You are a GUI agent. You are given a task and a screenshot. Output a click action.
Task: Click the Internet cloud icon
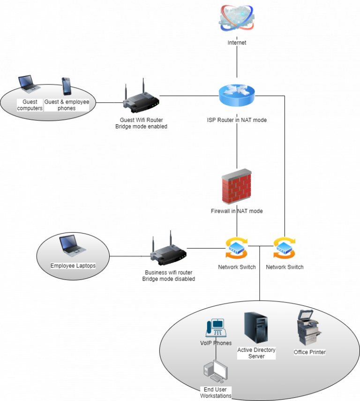(x=237, y=18)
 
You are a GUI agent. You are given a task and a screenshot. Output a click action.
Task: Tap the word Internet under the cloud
(x=237, y=43)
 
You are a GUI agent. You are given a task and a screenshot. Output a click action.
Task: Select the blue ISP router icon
(x=237, y=96)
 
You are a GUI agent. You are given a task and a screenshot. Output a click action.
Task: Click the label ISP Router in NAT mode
(x=237, y=120)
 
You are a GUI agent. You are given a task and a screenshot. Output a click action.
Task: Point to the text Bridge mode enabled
(x=141, y=127)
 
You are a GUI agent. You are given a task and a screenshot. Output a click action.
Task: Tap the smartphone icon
(x=67, y=86)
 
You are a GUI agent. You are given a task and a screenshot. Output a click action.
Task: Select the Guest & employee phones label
(x=67, y=105)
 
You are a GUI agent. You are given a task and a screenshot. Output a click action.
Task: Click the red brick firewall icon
(x=236, y=186)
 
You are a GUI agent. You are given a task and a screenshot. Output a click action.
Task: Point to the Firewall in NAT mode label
(x=237, y=212)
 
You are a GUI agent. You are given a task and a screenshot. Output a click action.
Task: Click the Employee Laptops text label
(x=73, y=265)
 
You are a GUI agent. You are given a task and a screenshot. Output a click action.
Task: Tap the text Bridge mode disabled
(x=168, y=279)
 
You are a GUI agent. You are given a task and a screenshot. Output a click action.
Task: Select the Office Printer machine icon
(x=309, y=328)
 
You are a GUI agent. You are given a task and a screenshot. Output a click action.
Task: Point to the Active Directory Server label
(x=256, y=353)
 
